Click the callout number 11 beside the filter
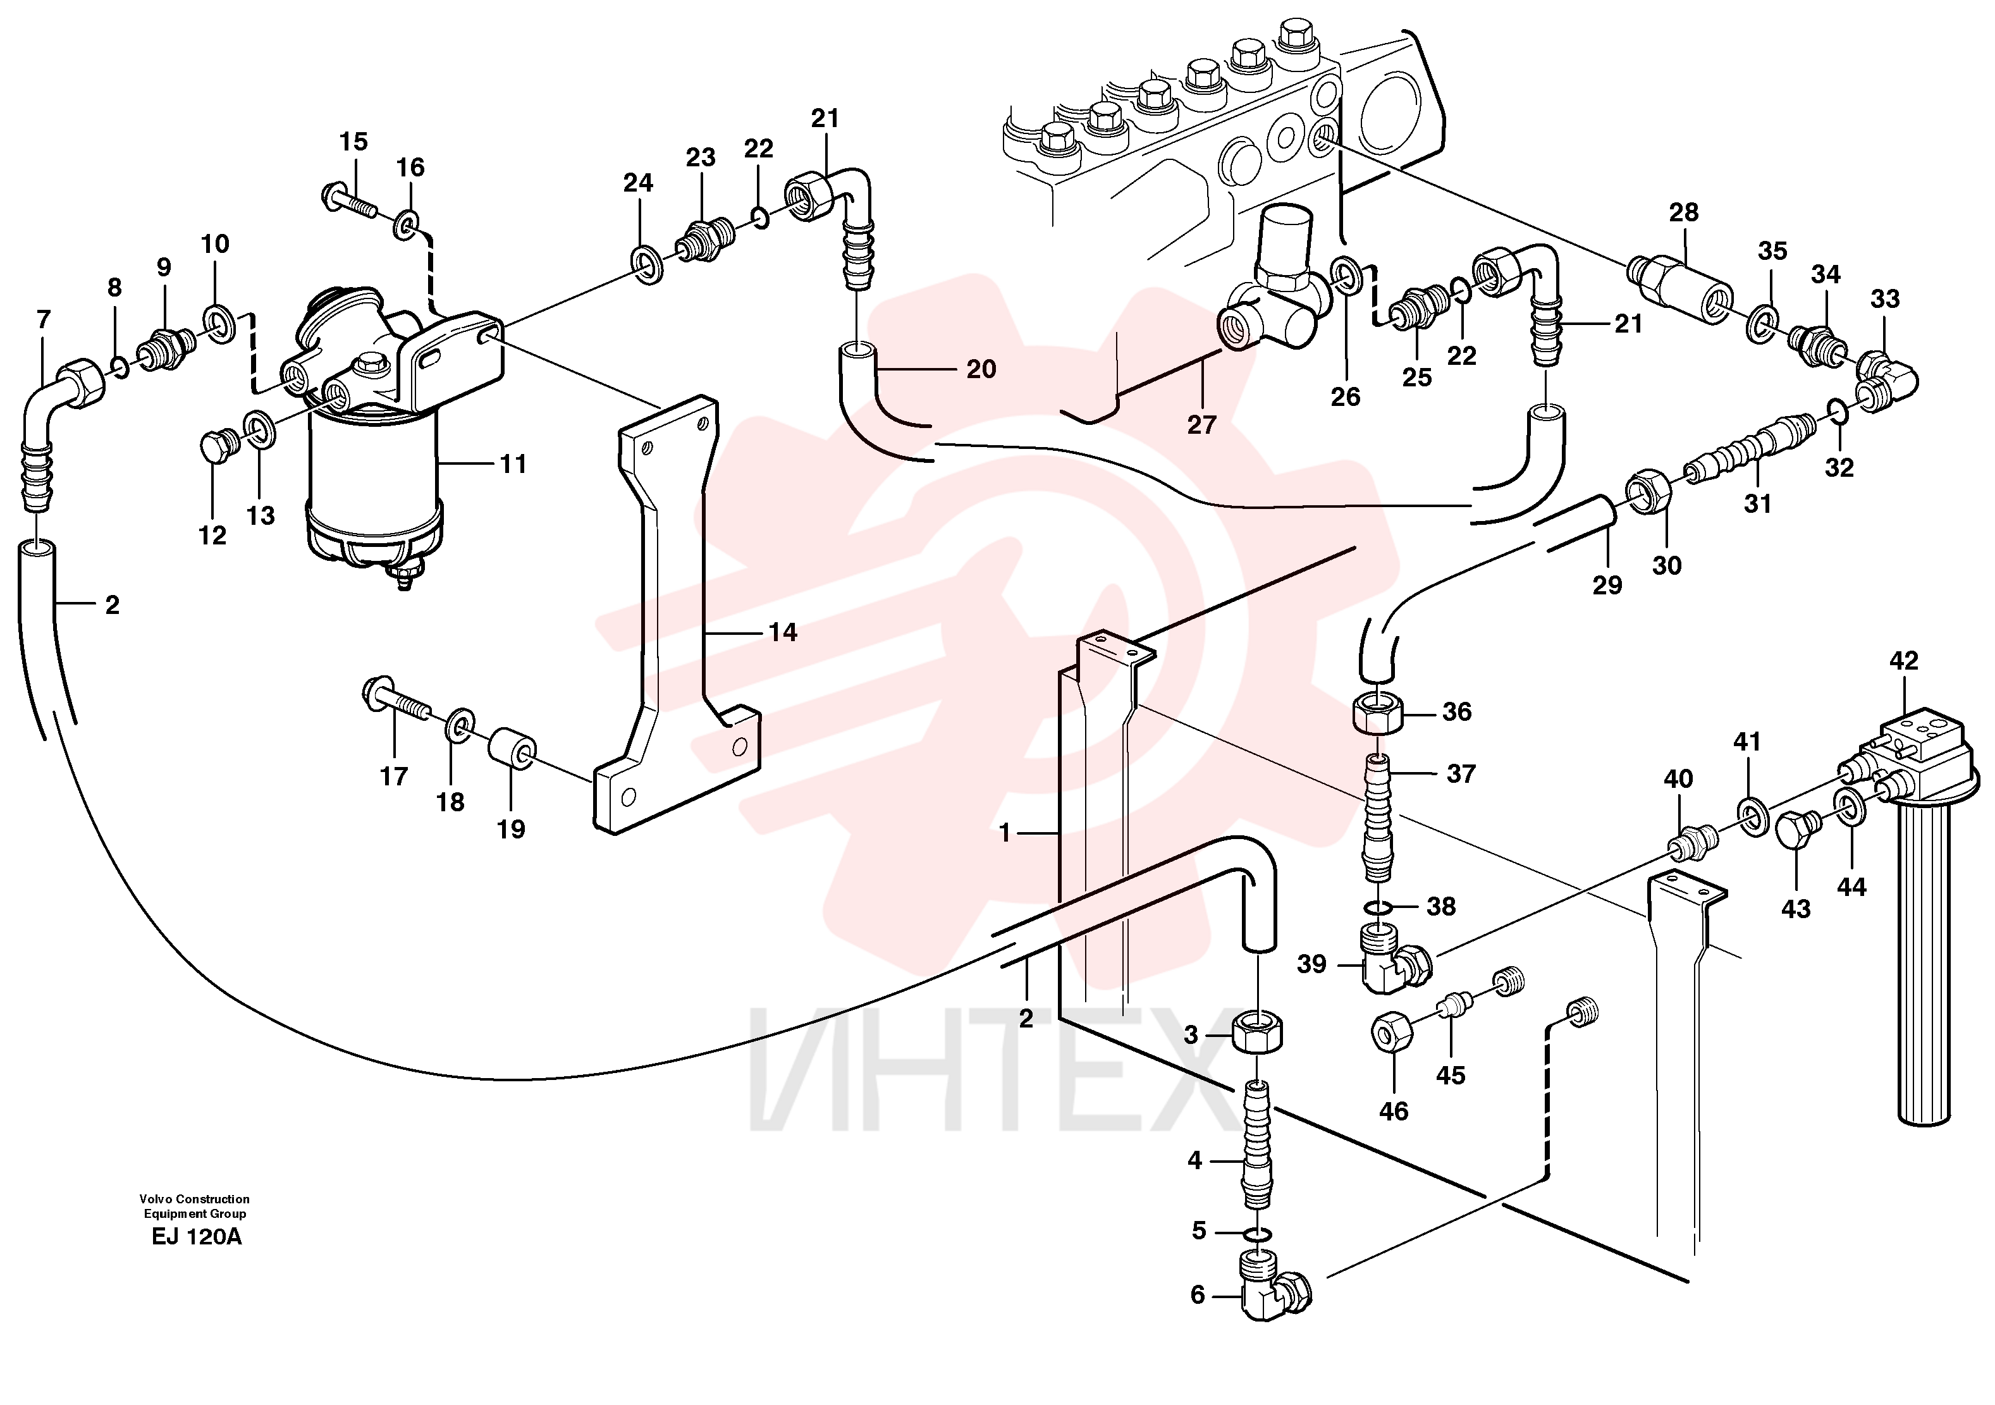tap(513, 464)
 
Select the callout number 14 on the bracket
tap(783, 632)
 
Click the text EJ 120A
tap(197, 1236)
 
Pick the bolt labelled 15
tap(350, 200)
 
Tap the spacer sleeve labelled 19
tap(513, 750)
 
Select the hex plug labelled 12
tap(216, 446)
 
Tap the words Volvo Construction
tap(195, 1199)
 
